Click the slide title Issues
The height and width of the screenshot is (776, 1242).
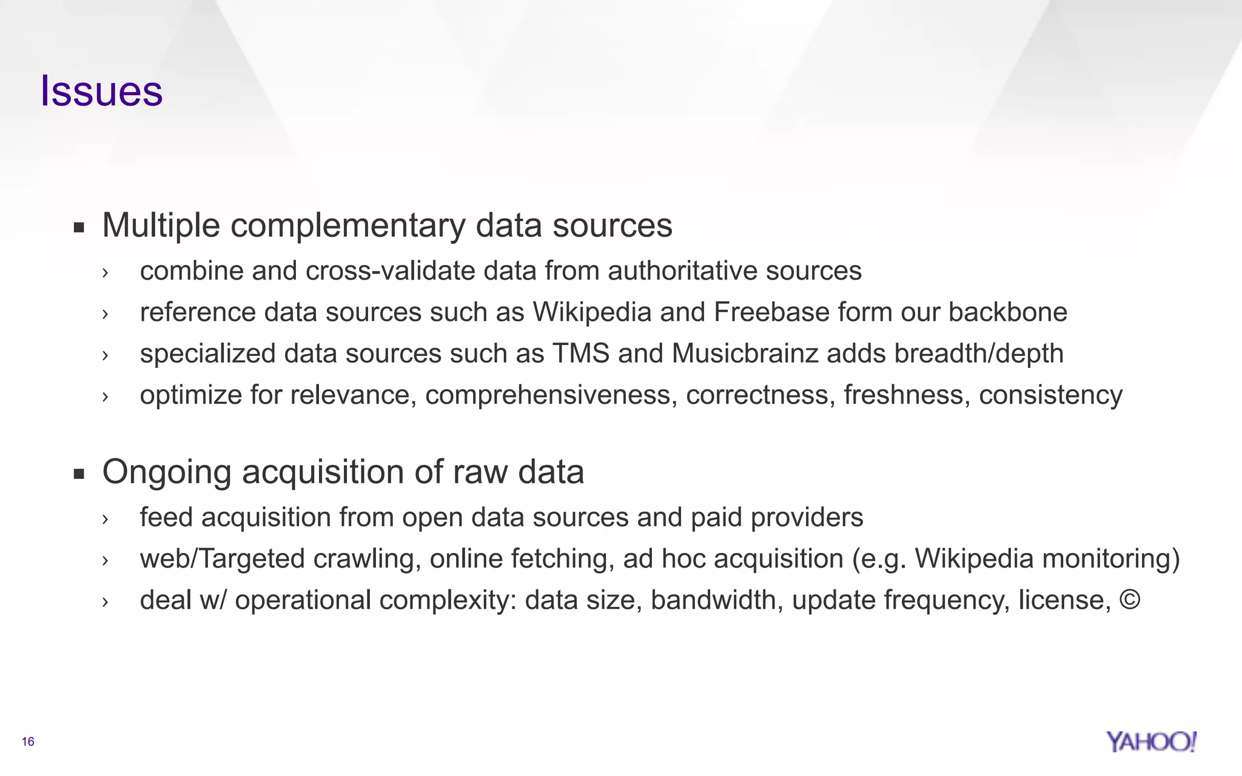click(x=101, y=91)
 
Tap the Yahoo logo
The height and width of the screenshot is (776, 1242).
click(x=1150, y=741)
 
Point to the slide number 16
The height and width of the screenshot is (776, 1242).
click(x=28, y=741)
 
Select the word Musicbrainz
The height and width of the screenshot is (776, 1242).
click(x=745, y=353)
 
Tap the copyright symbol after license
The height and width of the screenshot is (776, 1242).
click(x=1130, y=600)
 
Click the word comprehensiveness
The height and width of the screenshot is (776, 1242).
click(x=551, y=395)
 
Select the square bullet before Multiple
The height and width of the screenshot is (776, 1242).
click(x=78, y=228)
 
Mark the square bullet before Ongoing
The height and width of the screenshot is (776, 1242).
click(x=78, y=474)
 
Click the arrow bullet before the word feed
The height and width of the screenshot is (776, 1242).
click(x=105, y=519)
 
